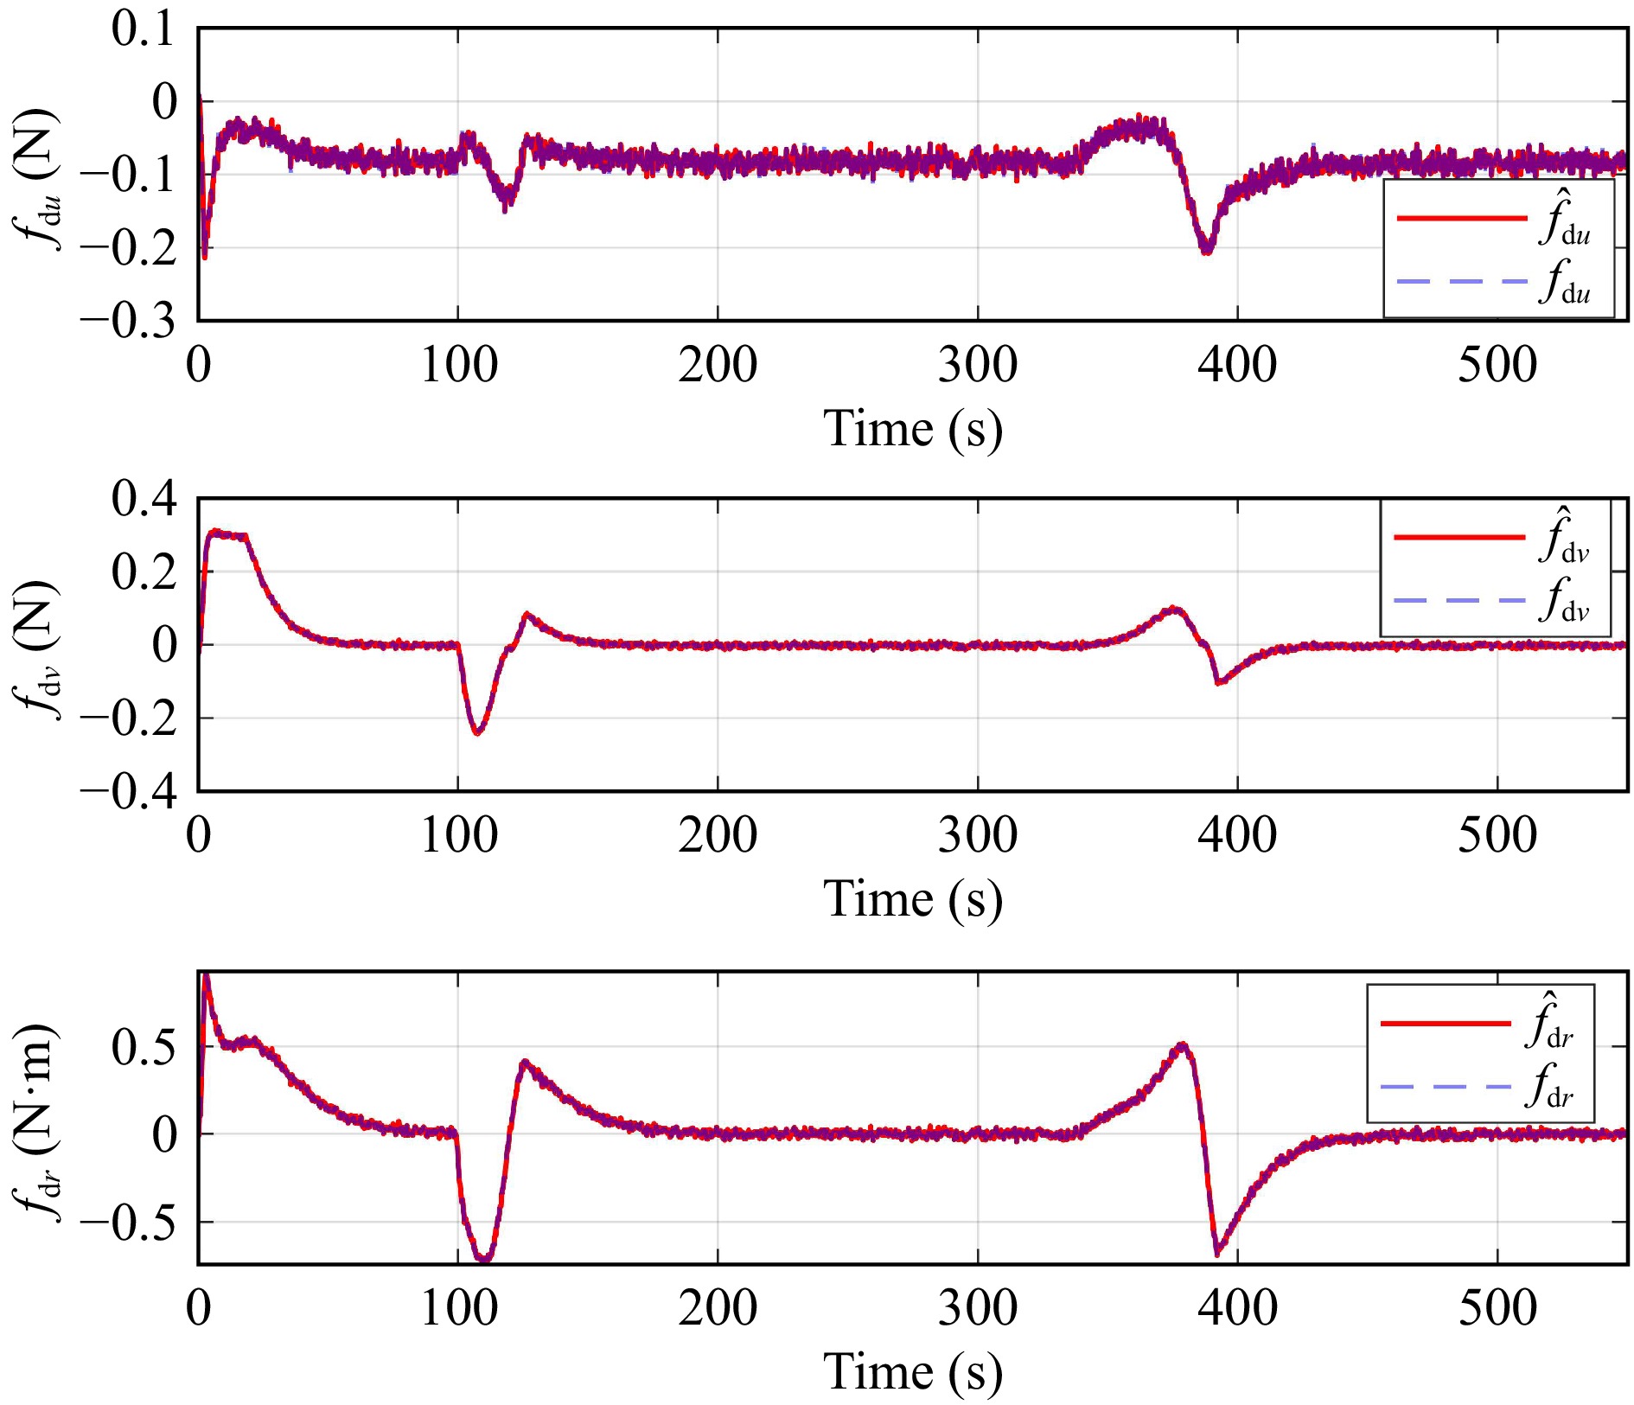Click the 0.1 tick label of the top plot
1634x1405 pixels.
tap(143, 29)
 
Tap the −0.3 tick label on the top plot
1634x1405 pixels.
tap(128, 321)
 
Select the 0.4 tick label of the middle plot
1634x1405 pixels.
tap(143, 499)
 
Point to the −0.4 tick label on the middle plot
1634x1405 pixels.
tap(128, 791)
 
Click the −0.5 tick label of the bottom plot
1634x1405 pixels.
tap(128, 1222)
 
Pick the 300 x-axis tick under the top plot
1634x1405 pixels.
tap(978, 365)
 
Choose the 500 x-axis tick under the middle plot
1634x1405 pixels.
tap(1497, 835)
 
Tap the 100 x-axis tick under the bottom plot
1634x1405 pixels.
tap(458, 1308)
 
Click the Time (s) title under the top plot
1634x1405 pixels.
tap(913, 429)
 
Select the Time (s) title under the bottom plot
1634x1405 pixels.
tap(913, 1372)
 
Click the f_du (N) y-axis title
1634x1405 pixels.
tap(38, 179)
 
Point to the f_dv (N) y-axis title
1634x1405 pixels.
tap(38, 648)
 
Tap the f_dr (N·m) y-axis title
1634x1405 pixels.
tap(38, 1121)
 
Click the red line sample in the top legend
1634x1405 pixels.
tap(1462, 219)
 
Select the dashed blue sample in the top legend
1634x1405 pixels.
tap(1462, 282)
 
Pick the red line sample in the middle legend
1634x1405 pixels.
tap(1459, 538)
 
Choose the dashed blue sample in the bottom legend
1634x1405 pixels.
tap(1446, 1087)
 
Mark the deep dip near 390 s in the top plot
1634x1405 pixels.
tap(1207, 249)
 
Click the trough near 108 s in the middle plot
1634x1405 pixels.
tap(477, 732)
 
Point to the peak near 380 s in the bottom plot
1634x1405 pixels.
tap(1183, 1046)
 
